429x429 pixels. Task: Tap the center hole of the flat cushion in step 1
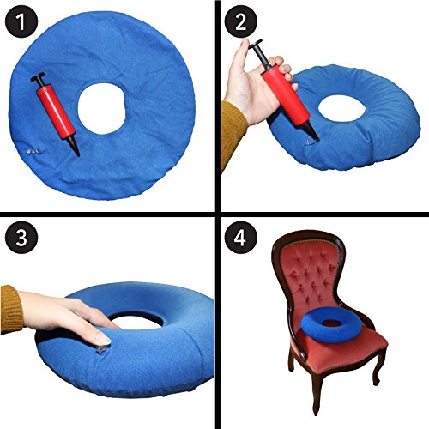[107, 110]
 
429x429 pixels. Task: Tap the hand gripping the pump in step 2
[257, 94]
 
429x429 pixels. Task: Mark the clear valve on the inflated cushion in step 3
[102, 349]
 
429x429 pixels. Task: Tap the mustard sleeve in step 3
[10, 309]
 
